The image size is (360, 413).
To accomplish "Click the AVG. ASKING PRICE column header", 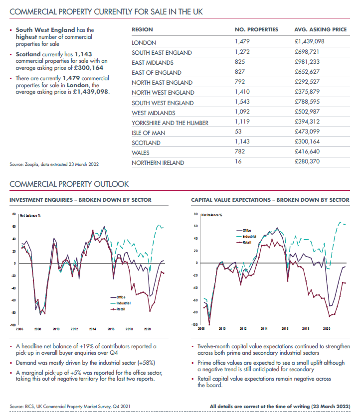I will tap(320, 30).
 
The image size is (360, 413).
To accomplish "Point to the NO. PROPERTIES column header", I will tap(256, 30).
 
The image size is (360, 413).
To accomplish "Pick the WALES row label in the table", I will tap(140, 152).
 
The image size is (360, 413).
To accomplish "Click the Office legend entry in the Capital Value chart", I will tap(247, 230).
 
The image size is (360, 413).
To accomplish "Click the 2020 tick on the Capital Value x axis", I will tap(327, 329).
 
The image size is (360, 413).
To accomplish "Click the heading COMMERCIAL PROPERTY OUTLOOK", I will tap(69, 184).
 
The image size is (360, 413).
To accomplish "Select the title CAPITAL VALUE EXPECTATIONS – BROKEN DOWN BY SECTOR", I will tap(270, 200).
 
